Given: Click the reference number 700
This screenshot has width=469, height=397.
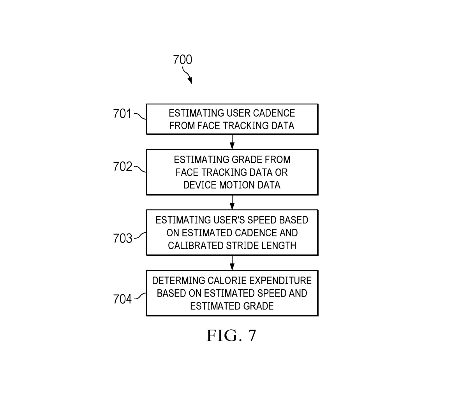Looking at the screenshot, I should [x=183, y=60].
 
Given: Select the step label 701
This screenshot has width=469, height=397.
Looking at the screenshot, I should [x=122, y=114].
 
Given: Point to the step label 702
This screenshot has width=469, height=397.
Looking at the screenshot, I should [x=122, y=167].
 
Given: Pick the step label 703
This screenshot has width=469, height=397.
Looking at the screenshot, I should [x=122, y=238].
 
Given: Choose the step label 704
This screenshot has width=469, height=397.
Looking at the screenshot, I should [x=122, y=299].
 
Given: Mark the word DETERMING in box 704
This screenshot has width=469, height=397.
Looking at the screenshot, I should [x=178, y=281].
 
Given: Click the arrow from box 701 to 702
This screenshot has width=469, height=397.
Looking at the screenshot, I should [x=232, y=142].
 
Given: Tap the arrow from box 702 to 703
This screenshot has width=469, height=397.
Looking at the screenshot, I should [x=232, y=202].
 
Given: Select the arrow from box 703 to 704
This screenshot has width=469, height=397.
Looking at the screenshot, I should [x=232, y=263].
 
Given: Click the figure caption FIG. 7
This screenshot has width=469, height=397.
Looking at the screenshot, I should [x=231, y=336].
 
